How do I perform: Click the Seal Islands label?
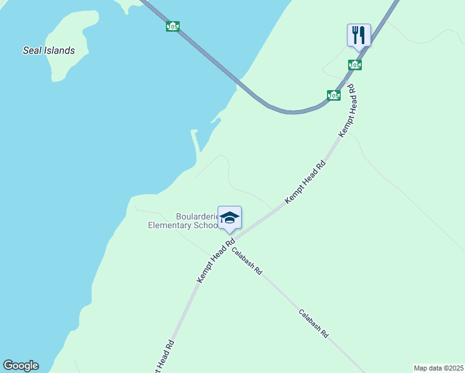[x=49, y=50]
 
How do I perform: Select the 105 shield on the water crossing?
[x=173, y=26]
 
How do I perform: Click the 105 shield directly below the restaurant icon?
[x=355, y=65]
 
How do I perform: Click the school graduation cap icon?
[x=229, y=218]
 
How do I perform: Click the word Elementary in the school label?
[x=169, y=225]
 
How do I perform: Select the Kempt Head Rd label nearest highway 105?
[x=347, y=110]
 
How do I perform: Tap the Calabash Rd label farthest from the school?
[x=313, y=323]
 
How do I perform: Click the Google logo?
[x=21, y=366]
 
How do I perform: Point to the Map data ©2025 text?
[x=438, y=368]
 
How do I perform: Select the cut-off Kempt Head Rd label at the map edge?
[x=162, y=358]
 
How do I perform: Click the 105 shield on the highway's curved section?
[x=334, y=95]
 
